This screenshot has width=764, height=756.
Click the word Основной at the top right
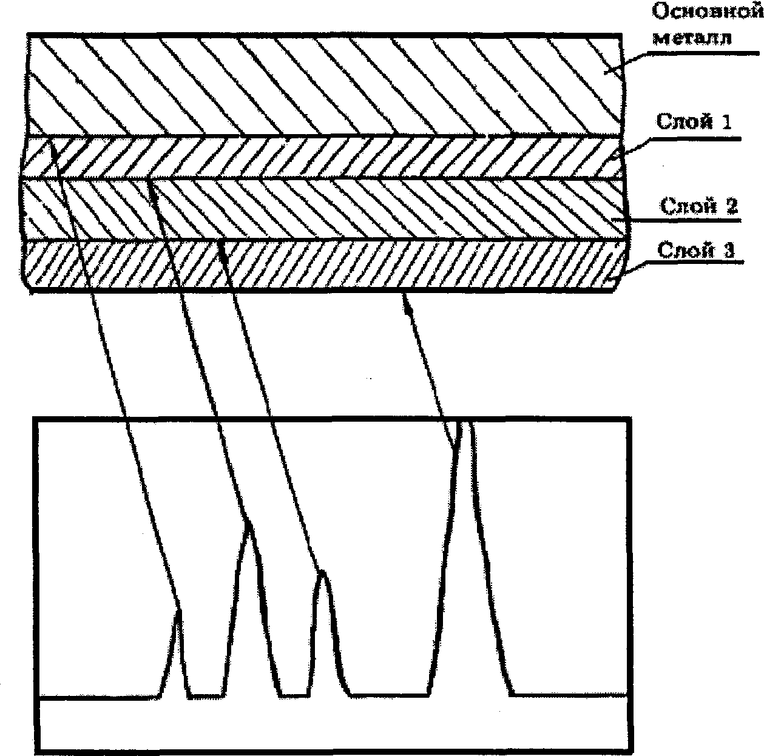click(708, 12)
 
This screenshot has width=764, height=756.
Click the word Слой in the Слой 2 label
click(683, 207)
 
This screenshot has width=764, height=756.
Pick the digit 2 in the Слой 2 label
click(730, 207)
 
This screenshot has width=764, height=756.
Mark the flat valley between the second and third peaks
click(294, 695)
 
